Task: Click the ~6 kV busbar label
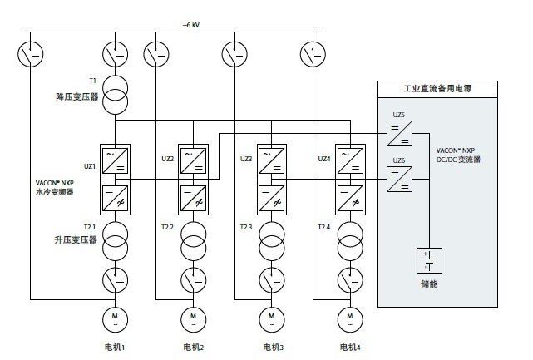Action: point(191,25)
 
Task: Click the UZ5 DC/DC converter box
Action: point(398,133)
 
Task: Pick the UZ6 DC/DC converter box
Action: point(398,178)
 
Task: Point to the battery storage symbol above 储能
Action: point(428,261)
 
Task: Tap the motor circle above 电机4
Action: point(349,318)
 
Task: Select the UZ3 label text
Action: point(247,159)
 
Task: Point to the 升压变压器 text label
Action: point(76,239)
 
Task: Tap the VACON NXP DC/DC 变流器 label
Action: point(459,155)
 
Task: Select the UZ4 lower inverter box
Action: point(349,200)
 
